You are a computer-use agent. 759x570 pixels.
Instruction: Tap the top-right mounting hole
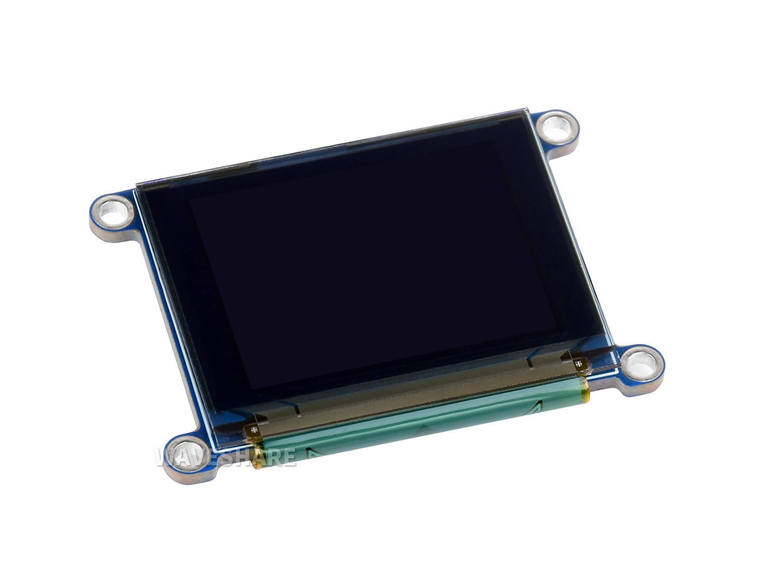[x=558, y=127]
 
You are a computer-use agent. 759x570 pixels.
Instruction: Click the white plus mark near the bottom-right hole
[x=579, y=365]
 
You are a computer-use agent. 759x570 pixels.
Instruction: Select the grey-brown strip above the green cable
[x=413, y=397]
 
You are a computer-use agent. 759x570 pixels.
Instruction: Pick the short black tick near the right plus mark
[x=530, y=364]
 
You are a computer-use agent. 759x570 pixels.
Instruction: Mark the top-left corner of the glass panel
[x=136, y=184]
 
